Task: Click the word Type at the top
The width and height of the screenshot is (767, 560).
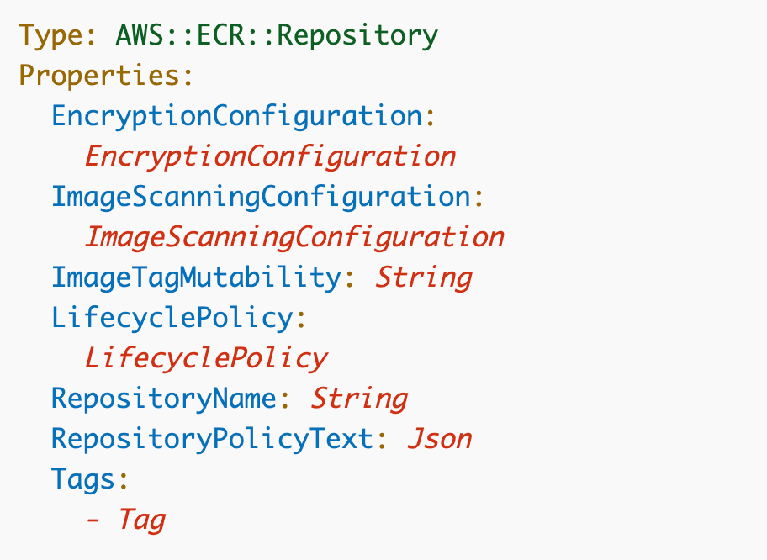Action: pos(50,35)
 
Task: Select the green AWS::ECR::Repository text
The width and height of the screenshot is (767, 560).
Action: pos(277,35)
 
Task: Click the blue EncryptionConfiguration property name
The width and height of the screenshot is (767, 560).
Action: pos(236,116)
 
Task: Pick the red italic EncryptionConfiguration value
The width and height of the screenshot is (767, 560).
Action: pos(270,156)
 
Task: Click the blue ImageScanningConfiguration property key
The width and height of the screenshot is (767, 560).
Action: pos(260,197)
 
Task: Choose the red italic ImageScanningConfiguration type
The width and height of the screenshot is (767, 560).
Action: pos(294,237)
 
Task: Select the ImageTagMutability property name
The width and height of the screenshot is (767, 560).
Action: pos(195,277)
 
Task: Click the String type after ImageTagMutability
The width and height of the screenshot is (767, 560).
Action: pos(423,277)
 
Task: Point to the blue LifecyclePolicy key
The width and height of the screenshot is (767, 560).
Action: pos(171,318)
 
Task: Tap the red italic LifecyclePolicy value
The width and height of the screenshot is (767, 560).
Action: pos(205,358)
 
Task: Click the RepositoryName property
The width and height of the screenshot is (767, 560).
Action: pos(163,399)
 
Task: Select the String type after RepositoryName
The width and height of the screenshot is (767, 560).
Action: pos(359,399)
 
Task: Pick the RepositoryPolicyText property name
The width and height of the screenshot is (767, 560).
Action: pos(212,439)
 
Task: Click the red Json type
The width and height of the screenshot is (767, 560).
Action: pos(440,439)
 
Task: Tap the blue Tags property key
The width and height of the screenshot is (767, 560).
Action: pos(82,479)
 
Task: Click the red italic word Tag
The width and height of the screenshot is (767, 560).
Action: pos(142,520)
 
